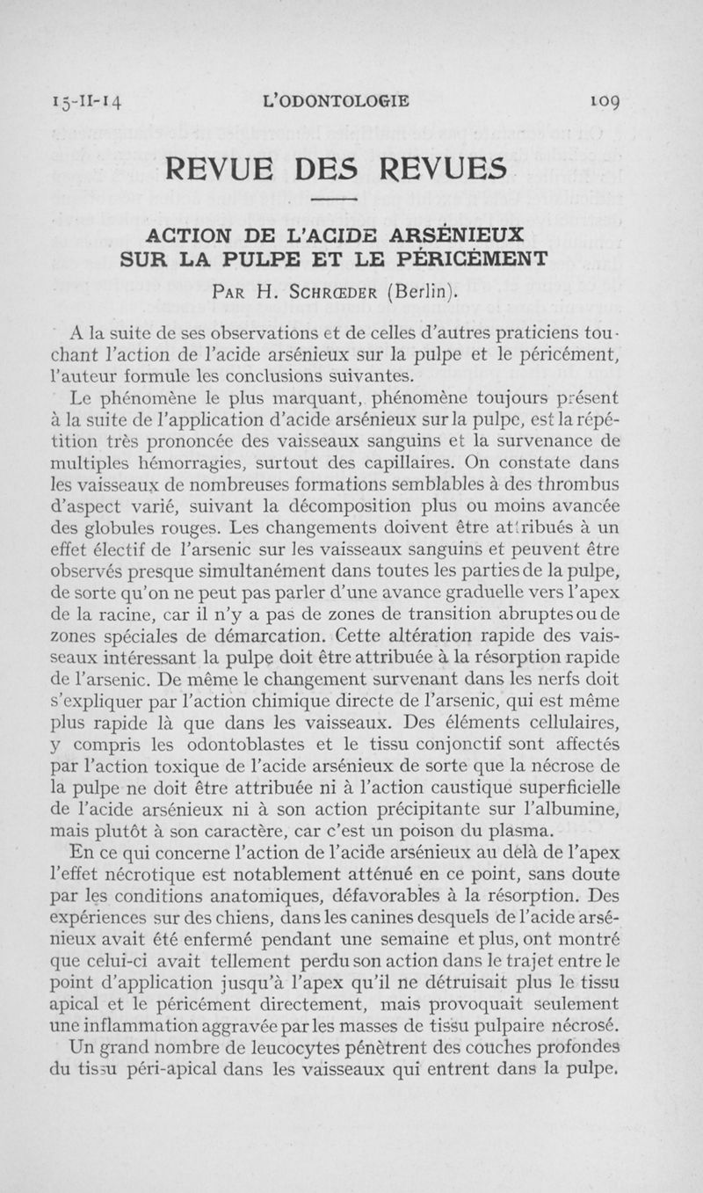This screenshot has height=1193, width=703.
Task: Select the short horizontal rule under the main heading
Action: tap(351, 200)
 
